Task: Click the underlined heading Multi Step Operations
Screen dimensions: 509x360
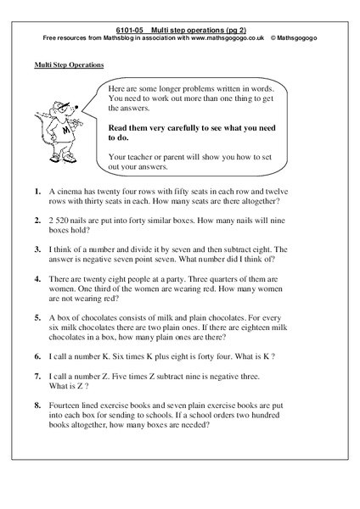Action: pyautogui.click(x=69, y=65)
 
